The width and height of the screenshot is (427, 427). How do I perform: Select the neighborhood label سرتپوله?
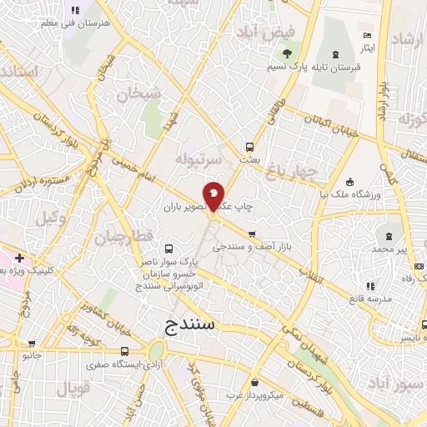(x=199, y=158)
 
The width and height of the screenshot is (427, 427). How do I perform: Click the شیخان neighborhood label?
(x=138, y=95)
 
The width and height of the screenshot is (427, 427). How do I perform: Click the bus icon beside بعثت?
(x=249, y=143)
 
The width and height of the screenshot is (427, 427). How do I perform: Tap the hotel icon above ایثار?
(x=368, y=36)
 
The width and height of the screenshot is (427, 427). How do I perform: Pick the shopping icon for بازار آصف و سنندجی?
(x=253, y=234)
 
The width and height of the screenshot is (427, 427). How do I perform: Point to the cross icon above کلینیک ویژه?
(x=19, y=259)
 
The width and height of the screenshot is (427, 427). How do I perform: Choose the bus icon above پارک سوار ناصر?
(x=170, y=249)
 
